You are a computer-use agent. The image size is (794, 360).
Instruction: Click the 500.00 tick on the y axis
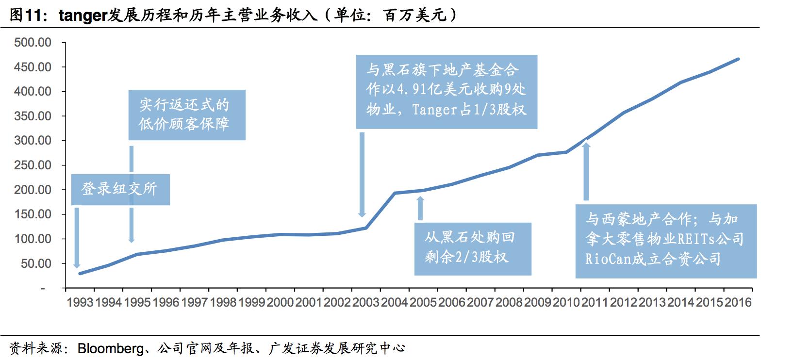coord(33,43)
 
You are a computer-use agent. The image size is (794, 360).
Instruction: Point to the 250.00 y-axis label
coord(33,165)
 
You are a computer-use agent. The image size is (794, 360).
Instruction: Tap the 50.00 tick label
coord(36,264)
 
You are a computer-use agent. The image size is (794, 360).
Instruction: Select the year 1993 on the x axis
coord(80,303)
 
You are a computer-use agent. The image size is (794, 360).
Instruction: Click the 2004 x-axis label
coord(394,303)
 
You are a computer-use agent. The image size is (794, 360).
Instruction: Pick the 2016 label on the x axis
coord(738,303)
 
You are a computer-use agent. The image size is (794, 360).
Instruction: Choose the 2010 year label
coord(566,303)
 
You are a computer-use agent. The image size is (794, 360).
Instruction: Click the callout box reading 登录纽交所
coord(120,189)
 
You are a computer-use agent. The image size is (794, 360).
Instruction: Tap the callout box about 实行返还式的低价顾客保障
coord(187,115)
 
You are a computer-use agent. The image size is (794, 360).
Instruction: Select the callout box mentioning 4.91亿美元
coord(447,92)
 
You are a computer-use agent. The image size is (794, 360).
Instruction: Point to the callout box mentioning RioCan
coord(666,241)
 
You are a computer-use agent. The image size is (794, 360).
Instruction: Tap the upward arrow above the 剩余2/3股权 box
coord(420,208)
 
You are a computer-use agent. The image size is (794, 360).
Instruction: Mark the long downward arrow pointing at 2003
coord(362,175)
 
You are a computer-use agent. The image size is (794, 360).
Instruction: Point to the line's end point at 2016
coord(738,59)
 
